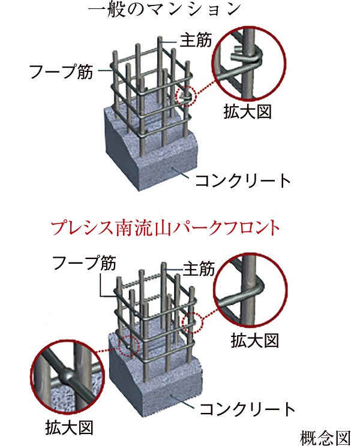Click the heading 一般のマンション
point(164,10)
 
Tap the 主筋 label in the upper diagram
point(196,40)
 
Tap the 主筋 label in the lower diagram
point(199,268)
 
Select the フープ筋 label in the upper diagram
point(61,71)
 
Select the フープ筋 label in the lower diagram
point(84,263)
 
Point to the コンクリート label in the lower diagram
point(247,409)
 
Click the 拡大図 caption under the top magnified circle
point(247,111)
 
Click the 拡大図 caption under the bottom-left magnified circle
point(69,427)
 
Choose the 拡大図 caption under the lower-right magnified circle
point(254,340)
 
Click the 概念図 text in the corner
point(325,438)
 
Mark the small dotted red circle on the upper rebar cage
point(186,96)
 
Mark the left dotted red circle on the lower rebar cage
point(128,345)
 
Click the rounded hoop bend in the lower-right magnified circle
point(261,287)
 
